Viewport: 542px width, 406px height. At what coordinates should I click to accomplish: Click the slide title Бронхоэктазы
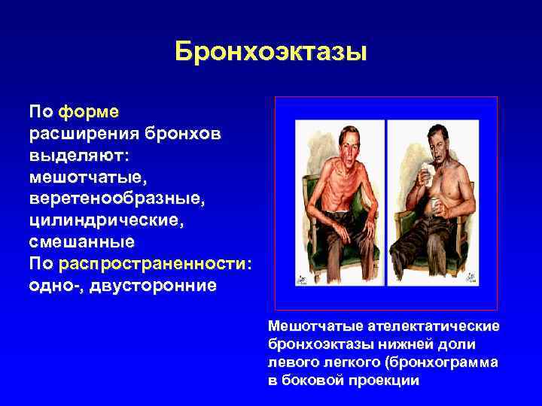click(270, 52)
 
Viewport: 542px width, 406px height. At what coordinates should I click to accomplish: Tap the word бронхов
click(175, 134)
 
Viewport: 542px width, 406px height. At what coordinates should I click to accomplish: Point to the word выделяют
click(78, 156)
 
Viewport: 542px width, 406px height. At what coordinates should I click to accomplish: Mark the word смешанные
click(81, 243)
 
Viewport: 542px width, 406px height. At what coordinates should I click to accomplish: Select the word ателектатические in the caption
click(434, 326)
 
